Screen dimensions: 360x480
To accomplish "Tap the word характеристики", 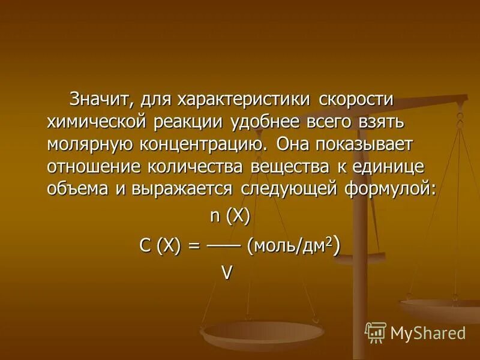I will pos(240,98).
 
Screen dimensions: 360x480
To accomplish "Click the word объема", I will pos(80,188).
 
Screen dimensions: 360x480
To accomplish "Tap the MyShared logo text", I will pos(427,332).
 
